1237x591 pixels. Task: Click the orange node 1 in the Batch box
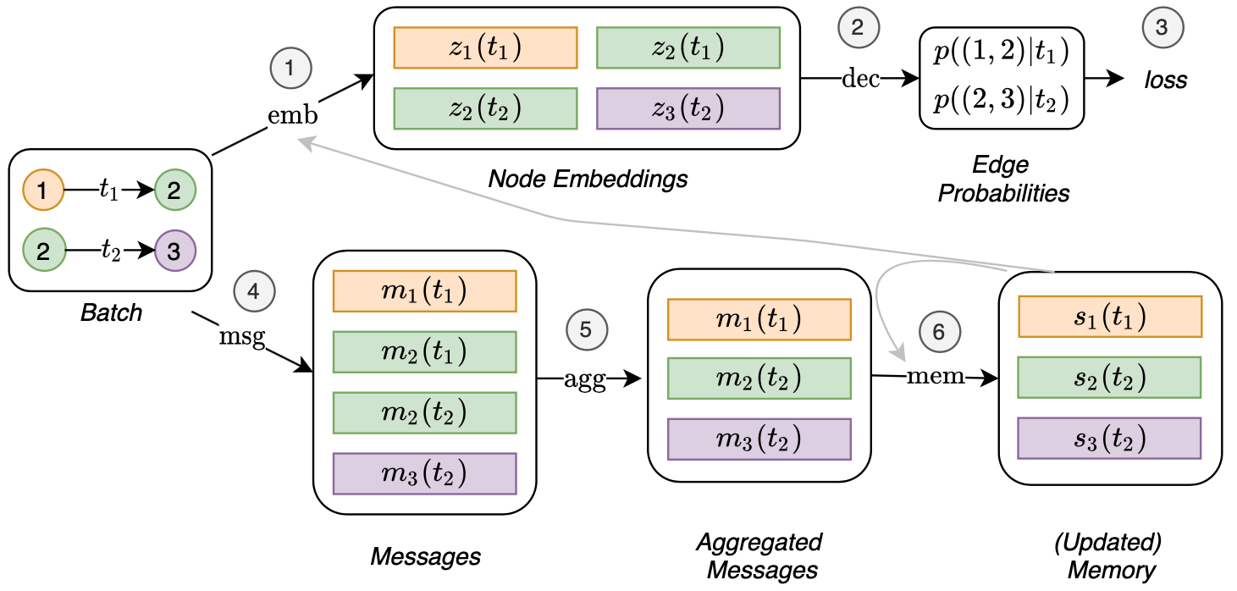click(x=43, y=190)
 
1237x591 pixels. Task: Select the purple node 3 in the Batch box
click(x=175, y=251)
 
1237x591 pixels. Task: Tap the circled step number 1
click(x=291, y=68)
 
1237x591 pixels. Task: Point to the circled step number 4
click(x=255, y=291)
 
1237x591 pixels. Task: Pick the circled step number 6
click(x=940, y=331)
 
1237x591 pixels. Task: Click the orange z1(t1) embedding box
click(x=485, y=47)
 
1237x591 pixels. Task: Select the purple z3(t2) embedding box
click(x=688, y=108)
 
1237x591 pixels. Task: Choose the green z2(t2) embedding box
click(x=485, y=108)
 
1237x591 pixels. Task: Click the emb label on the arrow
click(x=293, y=115)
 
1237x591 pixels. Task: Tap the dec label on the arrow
click(x=860, y=79)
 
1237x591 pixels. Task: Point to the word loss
click(x=1165, y=80)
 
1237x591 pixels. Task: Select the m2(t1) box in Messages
click(x=425, y=352)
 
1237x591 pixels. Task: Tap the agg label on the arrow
click(x=585, y=380)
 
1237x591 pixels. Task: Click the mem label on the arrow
click(x=936, y=376)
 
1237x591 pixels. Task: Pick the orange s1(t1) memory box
click(x=1111, y=317)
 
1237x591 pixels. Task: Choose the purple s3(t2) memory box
click(x=1109, y=438)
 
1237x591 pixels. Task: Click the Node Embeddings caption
click(x=588, y=179)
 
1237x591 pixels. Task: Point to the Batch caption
click(x=112, y=312)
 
